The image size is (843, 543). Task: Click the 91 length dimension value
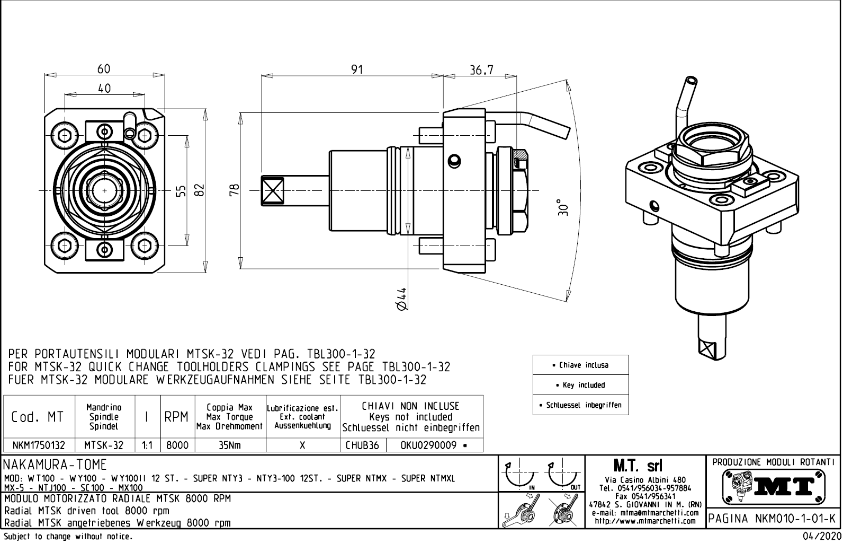(357, 69)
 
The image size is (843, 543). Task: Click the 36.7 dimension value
(481, 69)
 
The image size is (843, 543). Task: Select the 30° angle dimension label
(563, 207)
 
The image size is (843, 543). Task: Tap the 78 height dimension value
(236, 190)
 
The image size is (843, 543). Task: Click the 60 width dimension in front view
(104, 68)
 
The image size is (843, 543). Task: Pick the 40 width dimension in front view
(104, 89)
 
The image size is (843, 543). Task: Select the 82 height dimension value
(199, 190)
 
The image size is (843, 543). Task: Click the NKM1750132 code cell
(39, 445)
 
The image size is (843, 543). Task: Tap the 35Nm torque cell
(230, 445)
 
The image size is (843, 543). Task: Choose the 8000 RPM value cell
(177, 445)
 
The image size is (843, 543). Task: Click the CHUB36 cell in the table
(363, 445)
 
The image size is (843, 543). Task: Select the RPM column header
(177, 417)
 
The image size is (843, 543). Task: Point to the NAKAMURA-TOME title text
(55, 465)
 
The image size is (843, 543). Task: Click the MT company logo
(774, 485)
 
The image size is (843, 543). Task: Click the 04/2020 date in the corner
(822, 537)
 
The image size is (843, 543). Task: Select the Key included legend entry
(580, 385)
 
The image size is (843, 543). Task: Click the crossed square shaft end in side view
(273, 190)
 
